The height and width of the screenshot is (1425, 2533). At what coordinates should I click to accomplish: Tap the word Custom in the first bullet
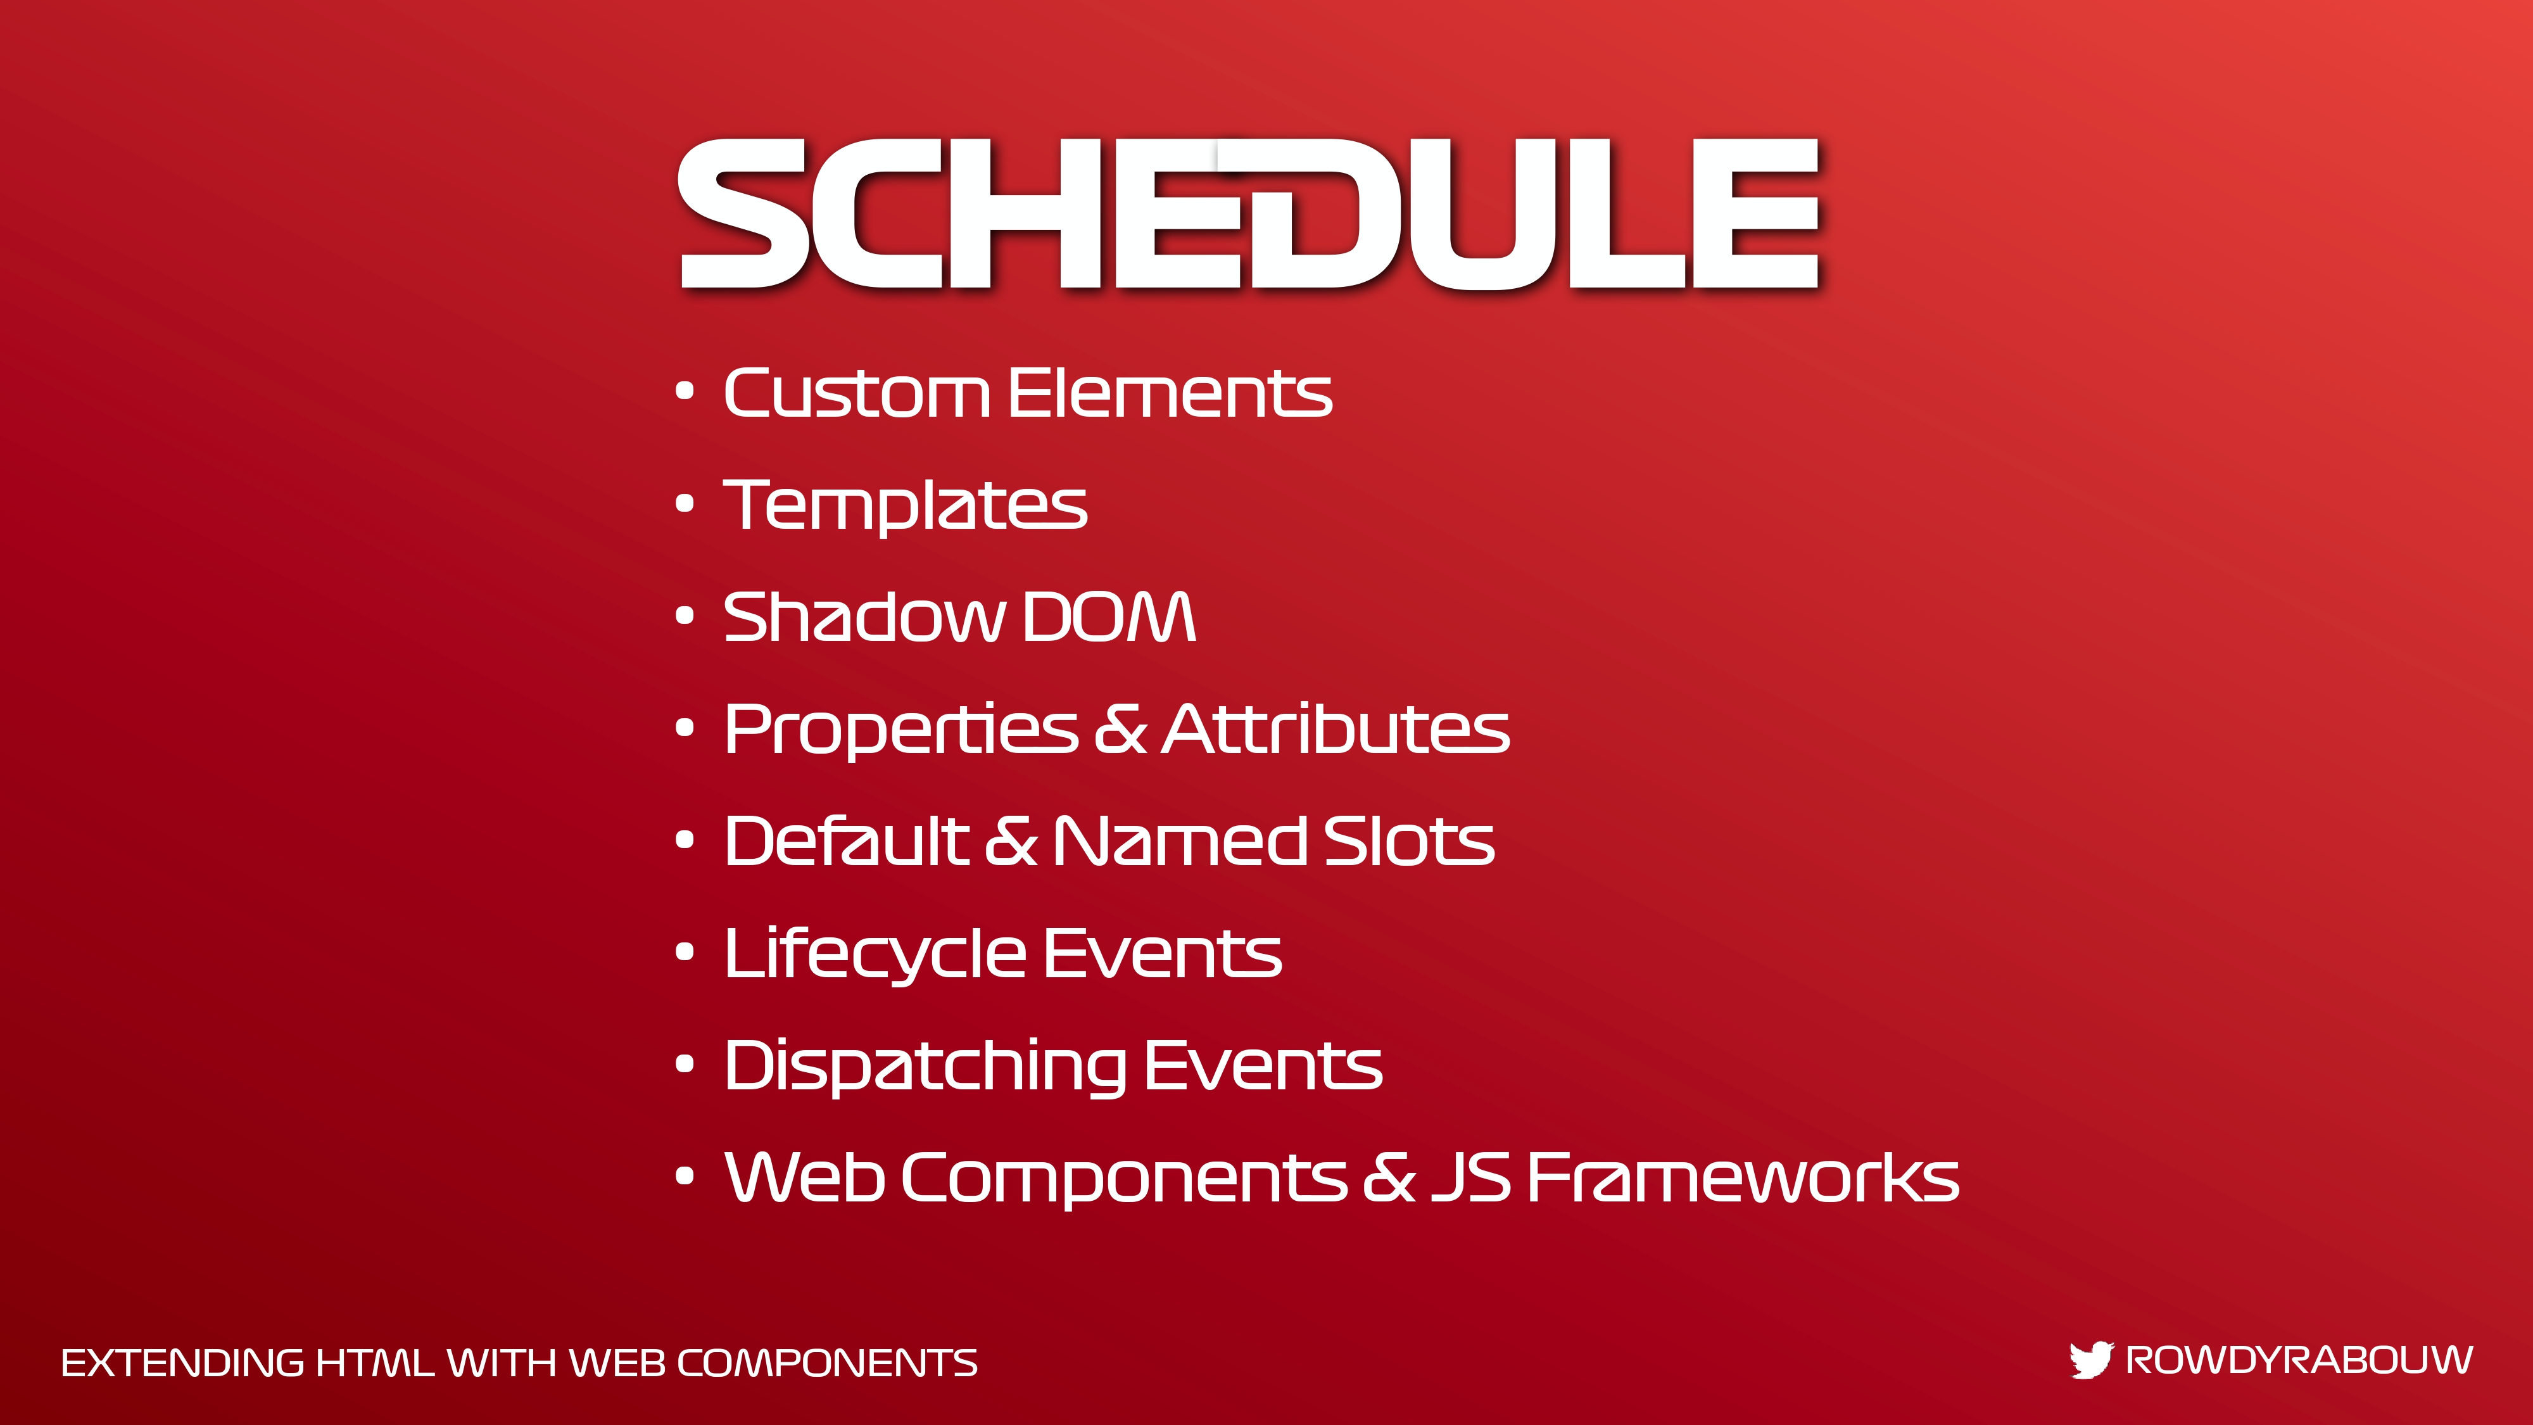pyautogui.click(x=856, y=393)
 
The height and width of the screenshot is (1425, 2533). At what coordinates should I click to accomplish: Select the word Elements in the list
pyautogui.click(x=1170, y=393)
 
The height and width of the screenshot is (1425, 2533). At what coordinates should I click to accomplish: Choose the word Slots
pyautogui.click(x=1409, y=841)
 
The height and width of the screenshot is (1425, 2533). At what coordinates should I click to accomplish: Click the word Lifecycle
pyautogui.click(x=875, y=954)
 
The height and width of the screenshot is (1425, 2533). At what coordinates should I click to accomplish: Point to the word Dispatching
pyautogui.click(x=925, y=1066)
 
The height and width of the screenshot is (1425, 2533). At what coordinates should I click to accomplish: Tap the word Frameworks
pyautogui.click(x=1743, y=1177)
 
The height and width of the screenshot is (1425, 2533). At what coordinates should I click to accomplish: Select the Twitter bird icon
pyautogui.click(x=2090, y=1360)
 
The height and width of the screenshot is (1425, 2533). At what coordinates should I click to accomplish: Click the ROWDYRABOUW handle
pyautogui.click(x=2299, y=1360)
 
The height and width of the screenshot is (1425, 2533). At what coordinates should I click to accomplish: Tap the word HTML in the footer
pyautogui.click(x=375, y=1363)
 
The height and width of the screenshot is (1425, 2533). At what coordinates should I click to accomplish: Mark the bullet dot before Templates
pyautogui.click(x=685, y=505)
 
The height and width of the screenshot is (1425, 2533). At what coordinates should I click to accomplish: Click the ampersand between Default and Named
pyautogui.click(x=1011, y=841)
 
